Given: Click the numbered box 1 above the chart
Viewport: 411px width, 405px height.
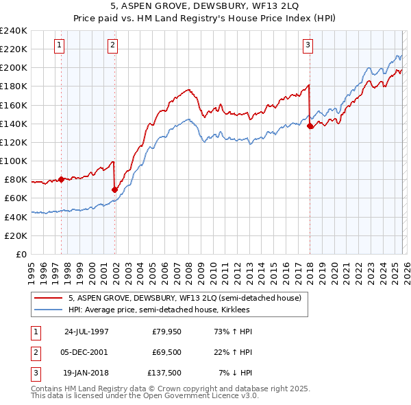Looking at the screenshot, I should point(60,46).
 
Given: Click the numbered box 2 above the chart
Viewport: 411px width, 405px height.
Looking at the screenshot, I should point(112,46).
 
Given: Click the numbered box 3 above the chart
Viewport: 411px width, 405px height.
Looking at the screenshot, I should point(308,46).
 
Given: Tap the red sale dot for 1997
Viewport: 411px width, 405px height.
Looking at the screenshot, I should point(61,179).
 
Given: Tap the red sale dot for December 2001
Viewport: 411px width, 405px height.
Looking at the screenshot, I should point(114,189).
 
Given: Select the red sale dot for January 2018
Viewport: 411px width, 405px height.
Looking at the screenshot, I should point(310,126).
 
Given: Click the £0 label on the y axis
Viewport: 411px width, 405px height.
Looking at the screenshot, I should point(20,254).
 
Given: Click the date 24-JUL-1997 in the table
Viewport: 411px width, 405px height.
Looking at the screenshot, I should point(86,332).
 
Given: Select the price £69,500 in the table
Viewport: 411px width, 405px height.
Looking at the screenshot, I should point(166,352).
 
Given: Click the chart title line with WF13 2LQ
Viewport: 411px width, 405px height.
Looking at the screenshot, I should point(206,8).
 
